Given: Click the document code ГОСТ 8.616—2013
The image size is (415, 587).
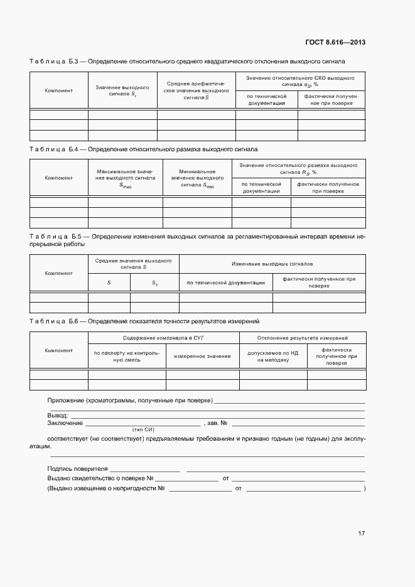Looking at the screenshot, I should point(335,43).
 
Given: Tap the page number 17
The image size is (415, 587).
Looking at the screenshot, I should point(361,534).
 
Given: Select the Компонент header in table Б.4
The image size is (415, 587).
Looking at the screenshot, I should point(58,178).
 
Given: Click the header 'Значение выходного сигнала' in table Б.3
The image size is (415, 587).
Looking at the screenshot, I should point(122,91).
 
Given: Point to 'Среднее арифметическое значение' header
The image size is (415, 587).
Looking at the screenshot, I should point(196,91).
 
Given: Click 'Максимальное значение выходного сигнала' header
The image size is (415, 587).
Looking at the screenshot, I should point(125,178).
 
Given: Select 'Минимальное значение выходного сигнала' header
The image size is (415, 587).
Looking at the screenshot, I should point(197,178).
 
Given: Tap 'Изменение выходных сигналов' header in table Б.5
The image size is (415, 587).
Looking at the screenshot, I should point(272,264).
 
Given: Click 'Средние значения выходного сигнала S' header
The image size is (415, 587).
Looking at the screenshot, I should point(133,264).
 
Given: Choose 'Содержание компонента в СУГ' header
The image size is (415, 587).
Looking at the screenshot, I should point(163,338).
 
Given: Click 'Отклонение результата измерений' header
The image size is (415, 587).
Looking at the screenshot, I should point(303,338).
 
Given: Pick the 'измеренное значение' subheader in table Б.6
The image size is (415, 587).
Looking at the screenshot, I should point(202,356).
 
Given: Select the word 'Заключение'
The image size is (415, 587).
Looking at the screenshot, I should point(65,423).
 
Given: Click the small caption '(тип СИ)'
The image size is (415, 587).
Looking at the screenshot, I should point(143,430).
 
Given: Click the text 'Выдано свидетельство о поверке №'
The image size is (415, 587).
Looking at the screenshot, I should point(100,478).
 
